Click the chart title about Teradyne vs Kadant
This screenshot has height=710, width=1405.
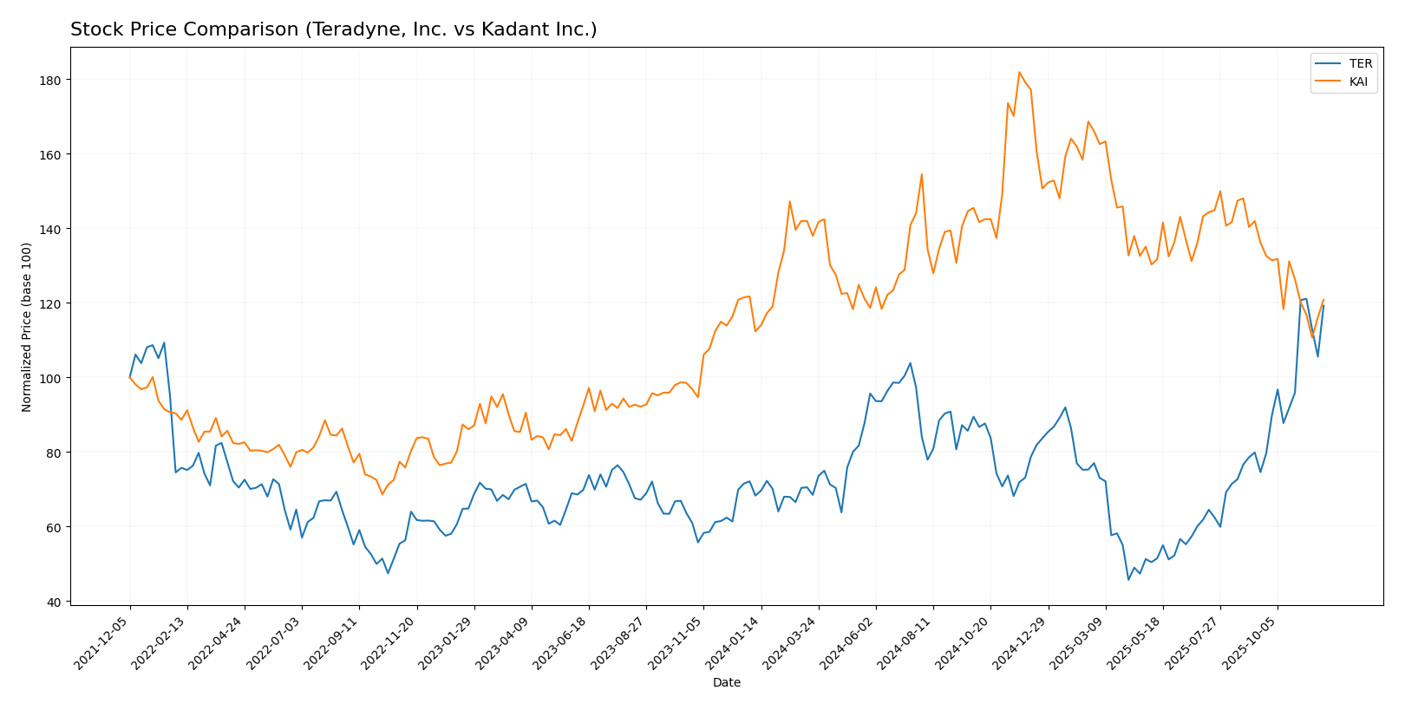[x=333, y=29]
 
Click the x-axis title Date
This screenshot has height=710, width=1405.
[x=727, y=683]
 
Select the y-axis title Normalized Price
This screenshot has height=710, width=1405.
[x=27, y=327]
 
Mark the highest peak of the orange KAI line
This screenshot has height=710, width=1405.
[x=1019, y=72]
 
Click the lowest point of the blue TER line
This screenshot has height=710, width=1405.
[x=1128, y=579]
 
